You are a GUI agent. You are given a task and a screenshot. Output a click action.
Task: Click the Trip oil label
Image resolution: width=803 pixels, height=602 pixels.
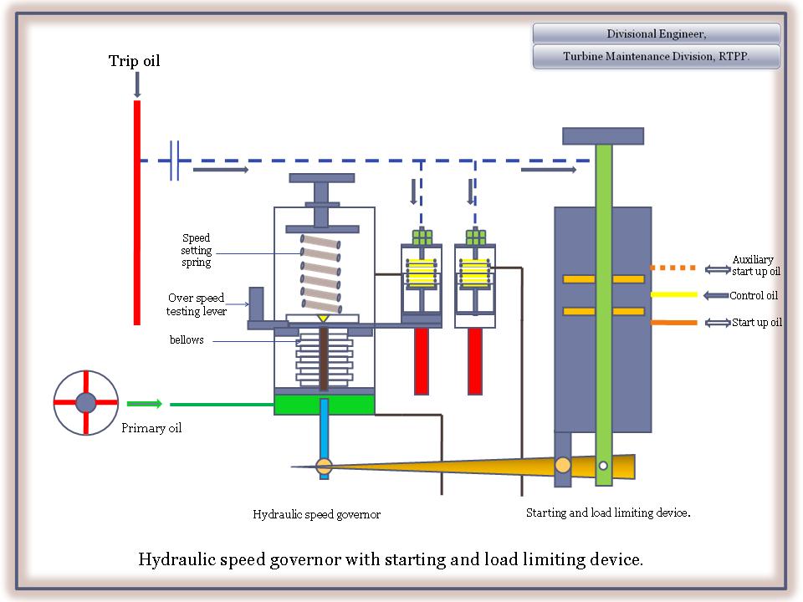pos(134,61)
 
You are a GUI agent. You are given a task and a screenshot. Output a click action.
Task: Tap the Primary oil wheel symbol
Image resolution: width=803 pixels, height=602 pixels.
pos(85,403)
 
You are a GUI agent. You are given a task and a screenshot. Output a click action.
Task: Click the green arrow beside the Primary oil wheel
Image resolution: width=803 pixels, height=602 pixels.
pos(144,404)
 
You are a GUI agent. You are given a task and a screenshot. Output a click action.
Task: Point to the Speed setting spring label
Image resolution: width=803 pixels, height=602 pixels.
pos(197,250)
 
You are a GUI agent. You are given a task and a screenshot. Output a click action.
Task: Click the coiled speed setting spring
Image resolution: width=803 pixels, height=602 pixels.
pos(321,270)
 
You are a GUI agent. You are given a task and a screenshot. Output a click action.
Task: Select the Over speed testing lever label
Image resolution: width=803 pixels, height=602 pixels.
pos(197,304)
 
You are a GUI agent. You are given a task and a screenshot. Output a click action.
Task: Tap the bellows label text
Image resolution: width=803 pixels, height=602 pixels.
pos(187,340)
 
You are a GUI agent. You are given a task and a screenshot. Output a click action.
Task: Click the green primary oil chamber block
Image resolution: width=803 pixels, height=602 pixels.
pos(324,405)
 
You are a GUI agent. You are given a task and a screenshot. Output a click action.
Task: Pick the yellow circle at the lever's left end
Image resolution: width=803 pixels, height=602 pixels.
pos(325,467)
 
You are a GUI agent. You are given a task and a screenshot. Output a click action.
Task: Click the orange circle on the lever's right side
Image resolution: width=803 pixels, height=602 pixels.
pos(563,465)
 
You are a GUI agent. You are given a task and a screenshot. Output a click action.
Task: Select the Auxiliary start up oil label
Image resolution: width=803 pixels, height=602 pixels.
pos(756,265)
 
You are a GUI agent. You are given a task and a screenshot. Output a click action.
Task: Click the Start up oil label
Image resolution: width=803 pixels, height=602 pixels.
pos(756,323)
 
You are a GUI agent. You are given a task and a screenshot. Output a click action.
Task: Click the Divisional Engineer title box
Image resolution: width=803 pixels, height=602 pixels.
pos(656,33)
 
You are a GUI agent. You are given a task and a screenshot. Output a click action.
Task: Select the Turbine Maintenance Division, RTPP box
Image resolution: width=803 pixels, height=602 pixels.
pos(656,57)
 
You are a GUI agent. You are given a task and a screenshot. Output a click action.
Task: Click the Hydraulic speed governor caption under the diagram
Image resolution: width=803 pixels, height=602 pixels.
pos(316,515)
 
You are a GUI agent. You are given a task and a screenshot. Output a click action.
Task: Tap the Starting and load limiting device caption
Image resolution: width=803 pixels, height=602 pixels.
pos(607,513)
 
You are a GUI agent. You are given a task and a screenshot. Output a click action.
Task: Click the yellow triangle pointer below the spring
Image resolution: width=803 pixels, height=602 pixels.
pos(323,319)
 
